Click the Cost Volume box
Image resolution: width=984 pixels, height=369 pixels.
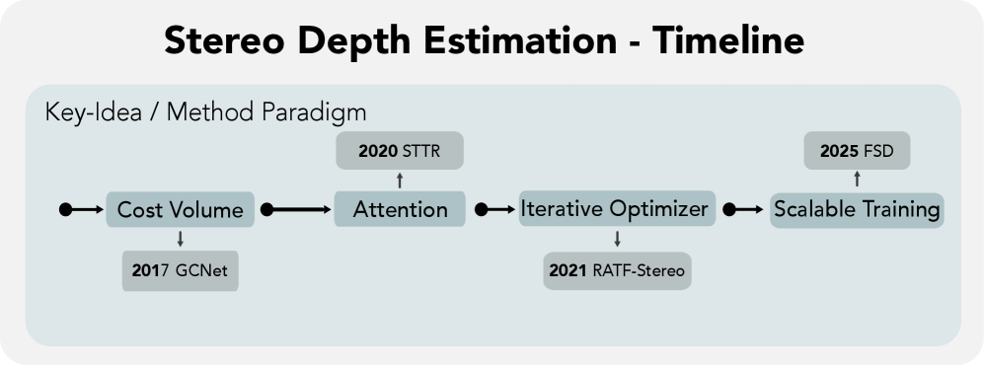point(180,209)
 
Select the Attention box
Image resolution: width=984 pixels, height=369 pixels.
point(400,209)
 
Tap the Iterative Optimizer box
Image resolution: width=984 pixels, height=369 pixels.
point(617,208)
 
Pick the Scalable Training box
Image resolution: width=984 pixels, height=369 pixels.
point(857,209)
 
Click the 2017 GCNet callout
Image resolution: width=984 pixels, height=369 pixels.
point(180,271)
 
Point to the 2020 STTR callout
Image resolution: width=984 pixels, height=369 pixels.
point(400,151)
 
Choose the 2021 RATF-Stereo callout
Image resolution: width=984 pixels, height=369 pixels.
point(617,270)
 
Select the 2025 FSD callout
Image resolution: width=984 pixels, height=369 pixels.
point(857,151)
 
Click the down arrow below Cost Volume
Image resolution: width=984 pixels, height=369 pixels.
point(180,239)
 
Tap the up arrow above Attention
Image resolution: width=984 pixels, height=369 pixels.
point(400,181)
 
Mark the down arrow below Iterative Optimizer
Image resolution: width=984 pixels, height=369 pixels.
point(617,239)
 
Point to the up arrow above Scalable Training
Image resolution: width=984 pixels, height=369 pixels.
point(857,179)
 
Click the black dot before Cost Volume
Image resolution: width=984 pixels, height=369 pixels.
point(65,209)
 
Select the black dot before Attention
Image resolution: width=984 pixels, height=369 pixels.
point(266,209)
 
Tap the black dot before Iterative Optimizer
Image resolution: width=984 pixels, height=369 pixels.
point(482,209)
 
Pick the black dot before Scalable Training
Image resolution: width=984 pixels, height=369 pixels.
point(728,209)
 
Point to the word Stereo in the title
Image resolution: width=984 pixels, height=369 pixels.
point(225,40)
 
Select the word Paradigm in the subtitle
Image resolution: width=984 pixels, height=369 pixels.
point(314,112)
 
